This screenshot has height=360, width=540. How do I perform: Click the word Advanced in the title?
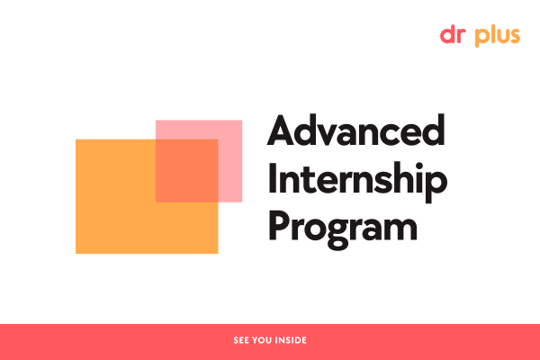point(356,133)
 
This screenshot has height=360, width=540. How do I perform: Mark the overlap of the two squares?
point(186,171)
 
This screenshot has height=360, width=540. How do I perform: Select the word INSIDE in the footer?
point(291,341)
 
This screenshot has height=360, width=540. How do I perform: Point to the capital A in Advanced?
point(282,133)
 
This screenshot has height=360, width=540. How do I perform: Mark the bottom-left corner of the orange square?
point(76,252)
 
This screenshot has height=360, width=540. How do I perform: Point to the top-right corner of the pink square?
point(241,121)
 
